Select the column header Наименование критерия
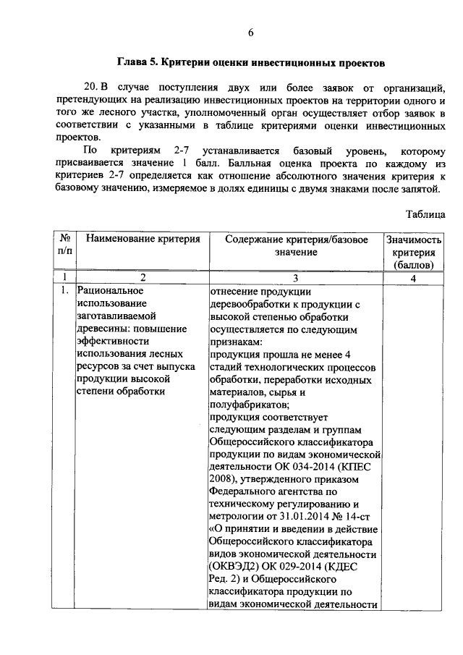coord(143,240)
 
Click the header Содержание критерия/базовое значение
coord(295,246)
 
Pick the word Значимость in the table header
coord(414,240)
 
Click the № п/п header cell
coord(64,246)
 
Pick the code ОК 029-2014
coord(300,566)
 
